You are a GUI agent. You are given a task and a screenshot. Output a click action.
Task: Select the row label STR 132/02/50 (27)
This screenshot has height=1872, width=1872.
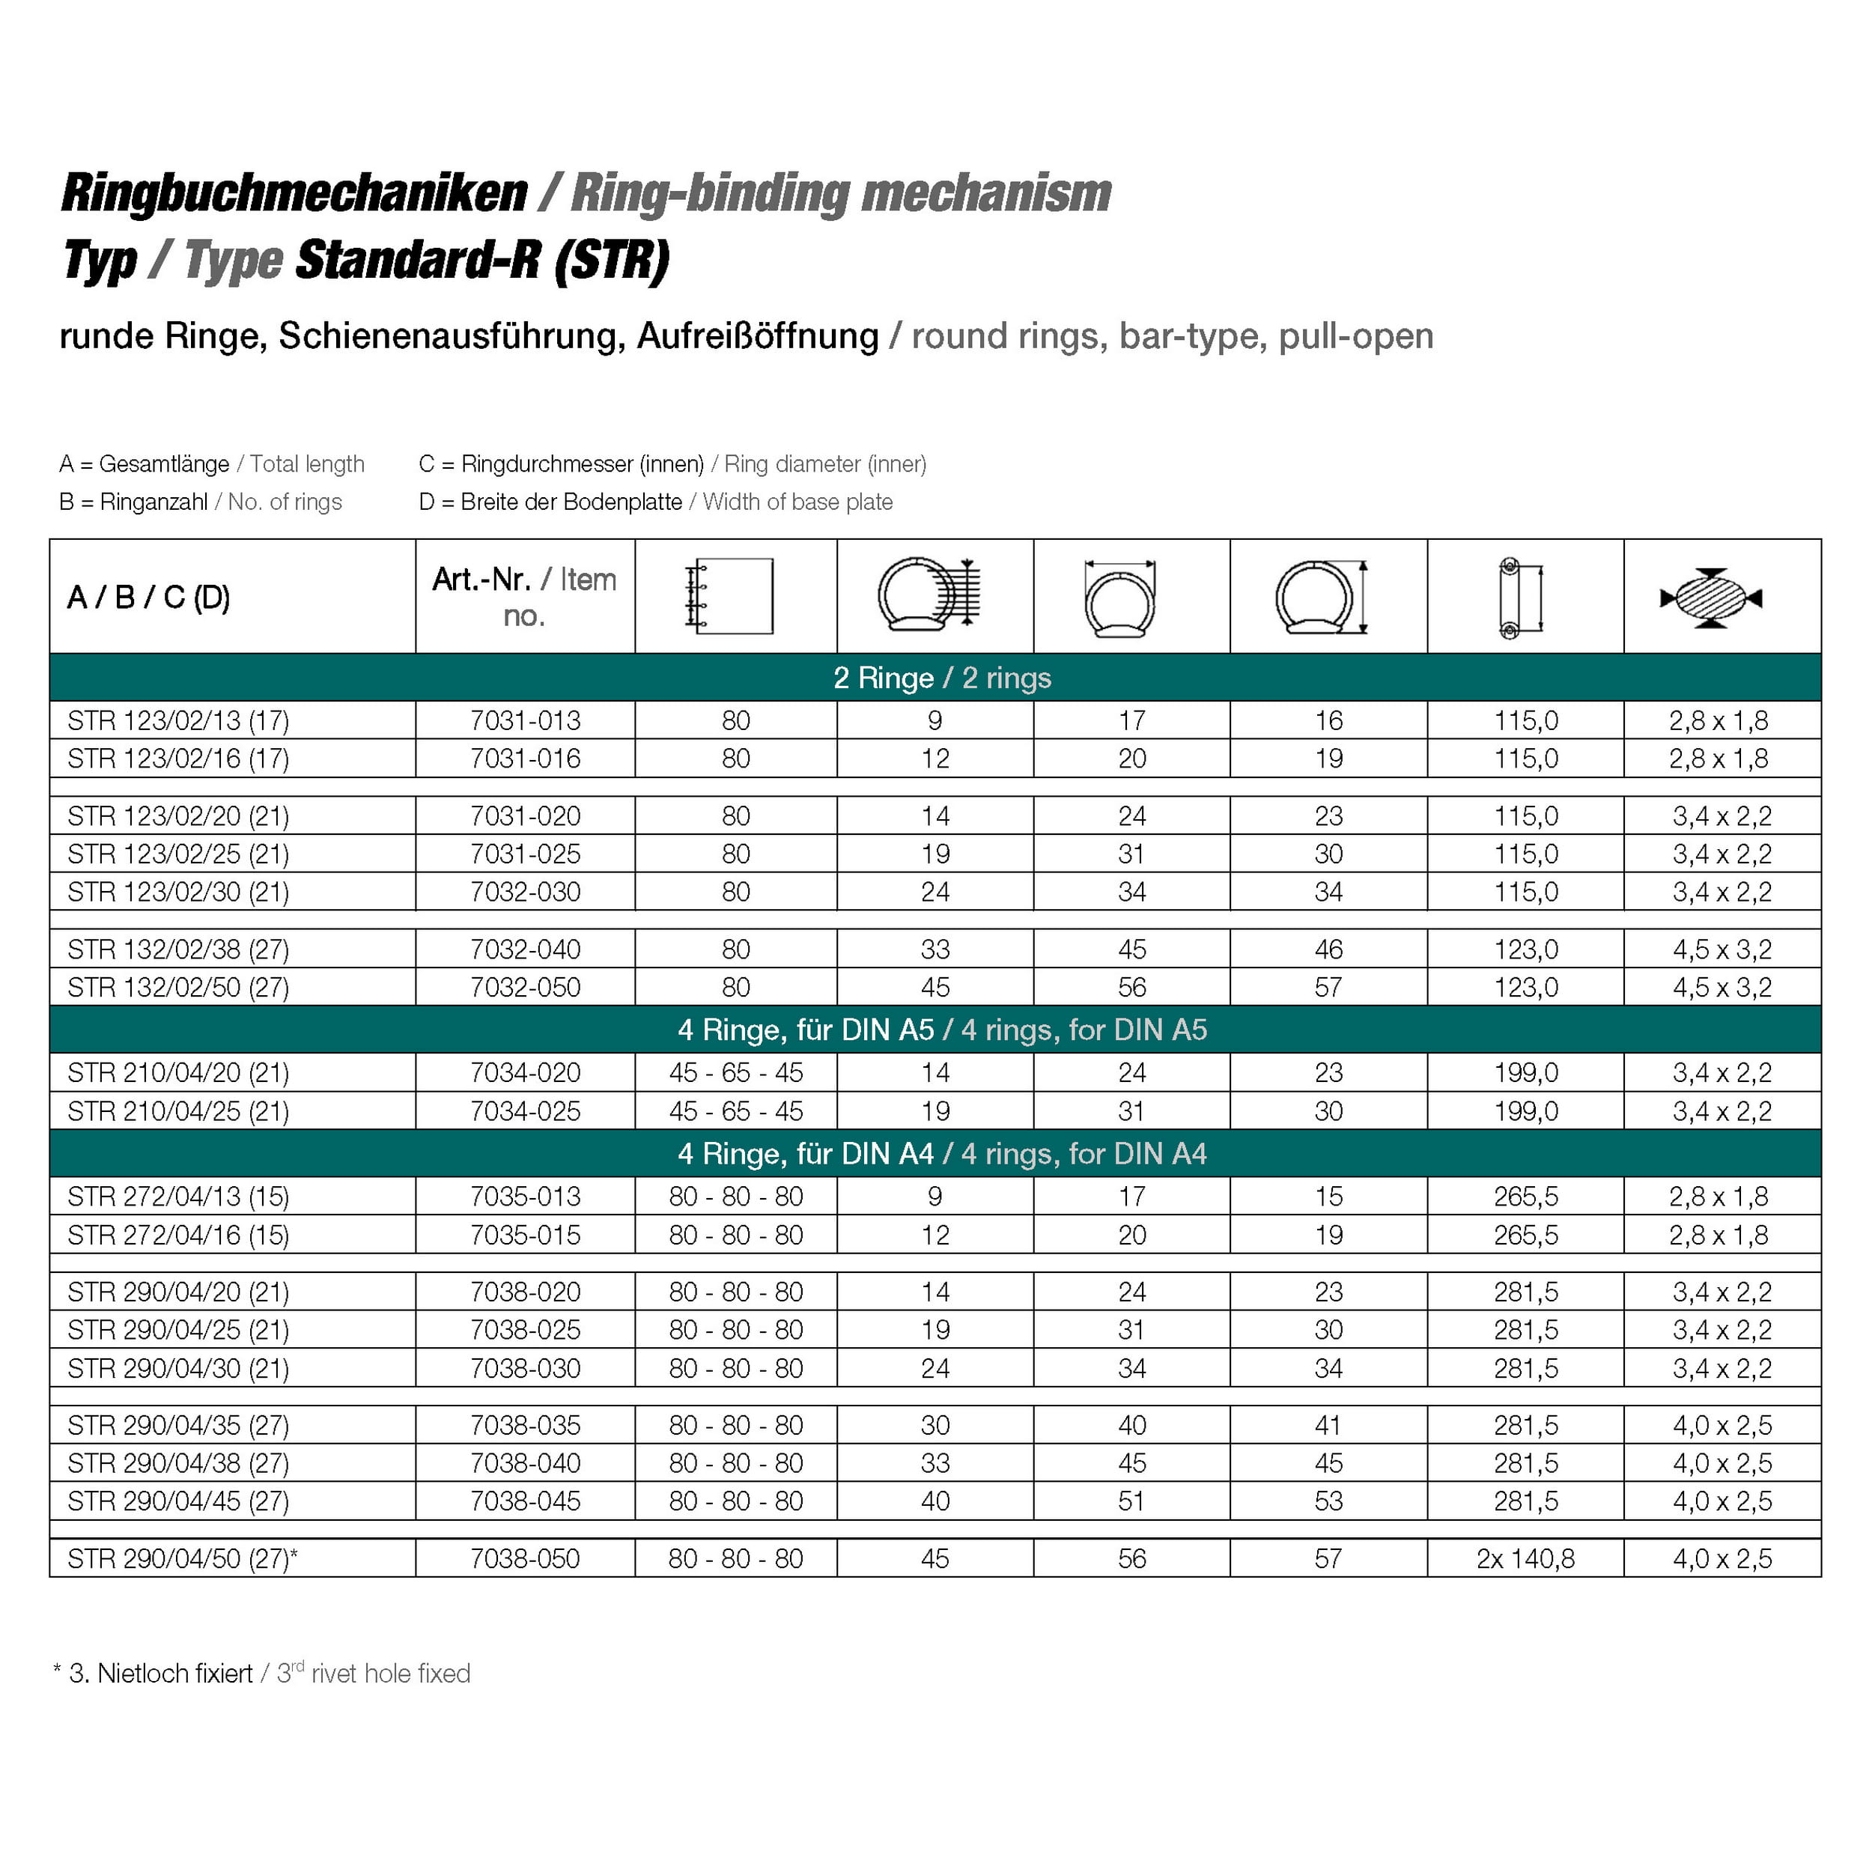coord(178,988)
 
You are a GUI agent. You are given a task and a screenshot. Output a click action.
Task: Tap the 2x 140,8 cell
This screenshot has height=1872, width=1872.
coord(1525,1559)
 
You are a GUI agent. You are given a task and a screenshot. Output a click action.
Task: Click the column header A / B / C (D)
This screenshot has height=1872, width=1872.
coord(148,597)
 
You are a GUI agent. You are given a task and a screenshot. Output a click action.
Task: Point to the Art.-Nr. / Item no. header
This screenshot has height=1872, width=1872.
coord(524,597)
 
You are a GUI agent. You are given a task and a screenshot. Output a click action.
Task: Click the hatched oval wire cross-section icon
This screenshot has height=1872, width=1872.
coord(1710,598)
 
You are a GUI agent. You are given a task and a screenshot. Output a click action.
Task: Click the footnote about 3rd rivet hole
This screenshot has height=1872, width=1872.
coord(261,1674)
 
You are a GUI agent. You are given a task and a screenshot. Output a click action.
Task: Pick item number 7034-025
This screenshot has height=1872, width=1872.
coord(525,1111)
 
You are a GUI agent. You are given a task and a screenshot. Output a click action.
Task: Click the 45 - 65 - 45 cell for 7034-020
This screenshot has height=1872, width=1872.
coord(735,1072)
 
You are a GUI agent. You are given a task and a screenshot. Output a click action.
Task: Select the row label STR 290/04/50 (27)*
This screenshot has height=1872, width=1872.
coord(182,1559)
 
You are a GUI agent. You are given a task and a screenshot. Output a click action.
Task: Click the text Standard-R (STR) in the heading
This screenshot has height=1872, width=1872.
coord(481,261)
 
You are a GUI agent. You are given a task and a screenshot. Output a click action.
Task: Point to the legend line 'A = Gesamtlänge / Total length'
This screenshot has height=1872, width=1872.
coord(211,464)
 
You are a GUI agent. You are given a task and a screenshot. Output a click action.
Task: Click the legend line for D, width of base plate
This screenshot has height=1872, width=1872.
coord(655,502)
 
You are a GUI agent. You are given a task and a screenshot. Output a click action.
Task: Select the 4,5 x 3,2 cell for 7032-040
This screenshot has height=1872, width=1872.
coord(1721,949)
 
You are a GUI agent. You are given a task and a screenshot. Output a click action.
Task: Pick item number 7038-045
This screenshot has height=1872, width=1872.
coord(525,1501)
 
